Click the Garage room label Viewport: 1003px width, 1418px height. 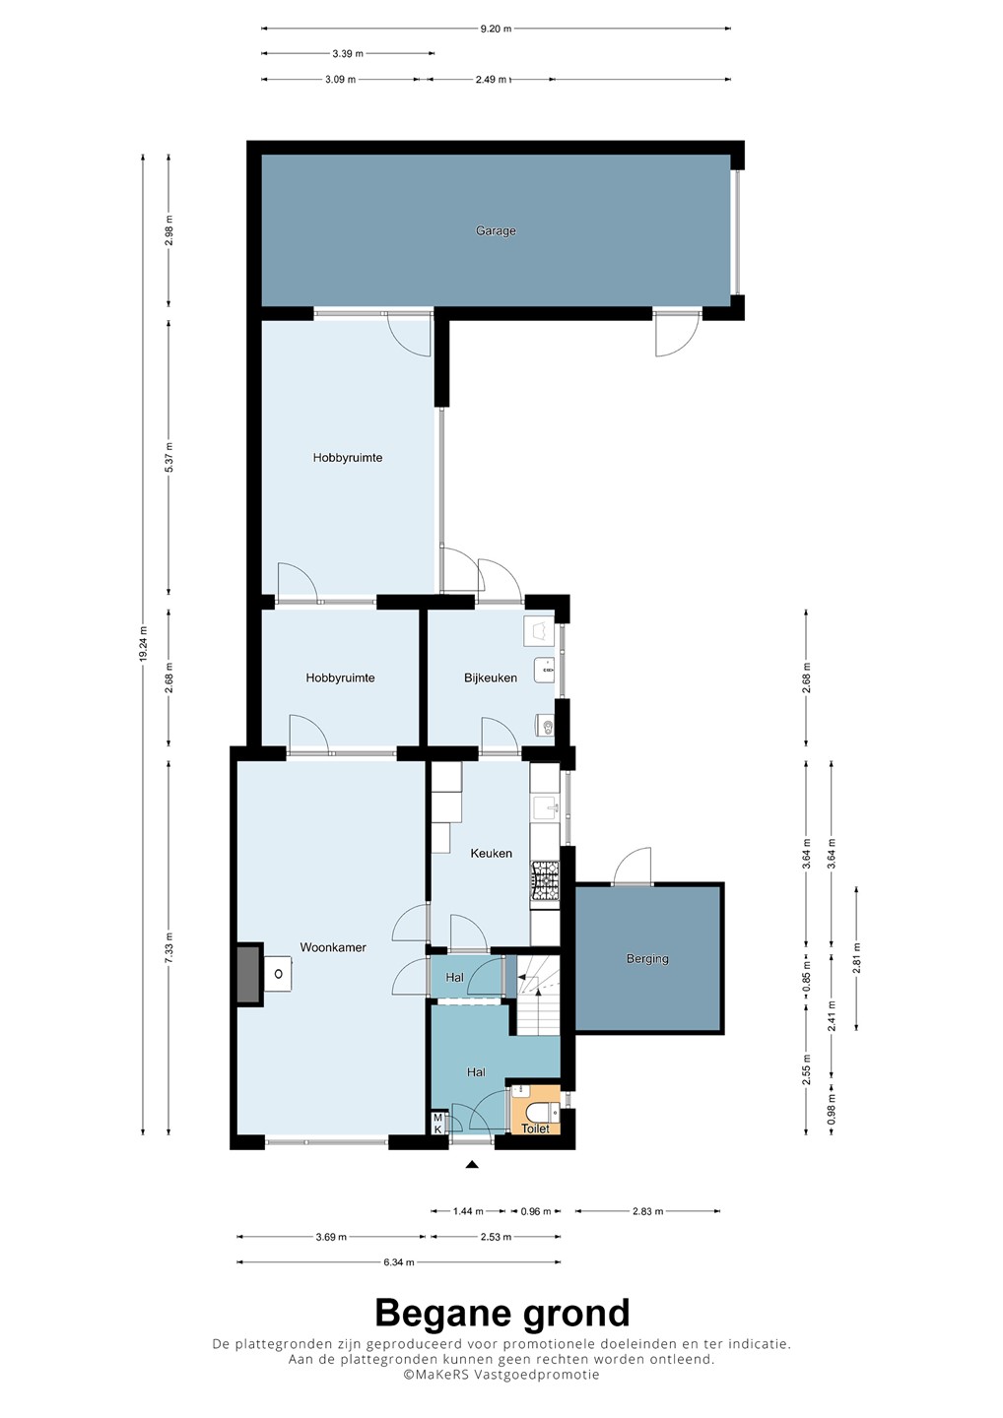496,231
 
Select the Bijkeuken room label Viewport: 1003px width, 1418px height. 490,677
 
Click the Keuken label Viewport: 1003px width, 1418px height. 491,854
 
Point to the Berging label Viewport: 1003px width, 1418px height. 647,958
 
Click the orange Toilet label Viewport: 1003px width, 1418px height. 535,1128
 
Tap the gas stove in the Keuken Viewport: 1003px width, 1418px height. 545,881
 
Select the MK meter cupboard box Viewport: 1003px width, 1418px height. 437,1124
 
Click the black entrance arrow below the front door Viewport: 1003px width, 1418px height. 471,1164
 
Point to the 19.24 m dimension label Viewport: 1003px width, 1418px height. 143,644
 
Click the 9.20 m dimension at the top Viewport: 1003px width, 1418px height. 496,29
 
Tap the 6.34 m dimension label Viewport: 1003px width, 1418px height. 398,1262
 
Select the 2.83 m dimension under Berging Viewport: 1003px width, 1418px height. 647,1211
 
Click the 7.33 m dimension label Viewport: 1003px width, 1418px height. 168,948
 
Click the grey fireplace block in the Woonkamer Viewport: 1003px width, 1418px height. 249,974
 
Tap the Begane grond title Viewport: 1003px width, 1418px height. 502,1313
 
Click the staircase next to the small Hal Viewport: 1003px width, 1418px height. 538,995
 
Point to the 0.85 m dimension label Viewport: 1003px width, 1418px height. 806,972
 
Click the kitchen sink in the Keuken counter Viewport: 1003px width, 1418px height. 545,808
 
